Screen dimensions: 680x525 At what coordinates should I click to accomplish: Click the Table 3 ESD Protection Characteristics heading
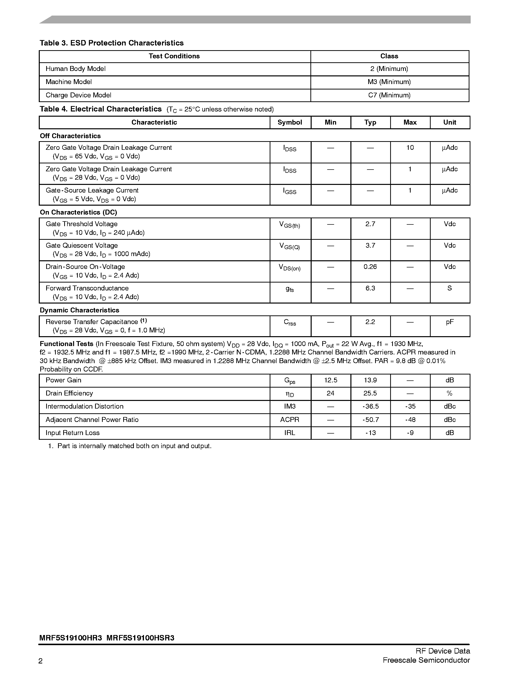pos(111,43)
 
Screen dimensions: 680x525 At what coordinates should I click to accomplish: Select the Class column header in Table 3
pos(389,56)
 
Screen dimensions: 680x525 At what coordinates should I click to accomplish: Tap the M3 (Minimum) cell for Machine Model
pos(389,82)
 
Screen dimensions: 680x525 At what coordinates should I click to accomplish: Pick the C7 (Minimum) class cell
pos(389,95)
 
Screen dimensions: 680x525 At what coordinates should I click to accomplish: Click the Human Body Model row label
pos(76,69)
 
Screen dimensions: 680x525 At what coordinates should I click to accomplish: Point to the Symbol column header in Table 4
pos(290,122)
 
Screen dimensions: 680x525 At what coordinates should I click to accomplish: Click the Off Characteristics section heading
pos(70,136)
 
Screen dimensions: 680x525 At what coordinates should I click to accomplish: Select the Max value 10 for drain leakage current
pos(410,148)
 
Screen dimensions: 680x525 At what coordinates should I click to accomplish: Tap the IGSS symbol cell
pos(290,191)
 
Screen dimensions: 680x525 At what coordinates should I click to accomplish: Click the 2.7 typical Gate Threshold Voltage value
pos(370,224)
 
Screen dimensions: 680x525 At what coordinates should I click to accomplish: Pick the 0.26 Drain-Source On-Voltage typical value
pos(370,267)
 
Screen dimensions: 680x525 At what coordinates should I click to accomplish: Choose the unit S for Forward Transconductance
pos(449,288)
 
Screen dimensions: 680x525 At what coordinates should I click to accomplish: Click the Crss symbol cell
pos(290,322)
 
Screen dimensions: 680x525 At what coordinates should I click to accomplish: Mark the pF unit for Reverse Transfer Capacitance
pos(449,322)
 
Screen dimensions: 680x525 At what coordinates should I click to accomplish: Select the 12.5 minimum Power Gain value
pos(330,380)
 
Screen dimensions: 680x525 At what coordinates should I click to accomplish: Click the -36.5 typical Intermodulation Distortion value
pos(370,407)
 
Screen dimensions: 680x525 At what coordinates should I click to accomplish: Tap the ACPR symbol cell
pos(290,420)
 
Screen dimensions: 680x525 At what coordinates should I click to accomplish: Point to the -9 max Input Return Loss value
pos(410,433)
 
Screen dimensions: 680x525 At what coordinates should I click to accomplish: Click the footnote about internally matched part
pos(130,446)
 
